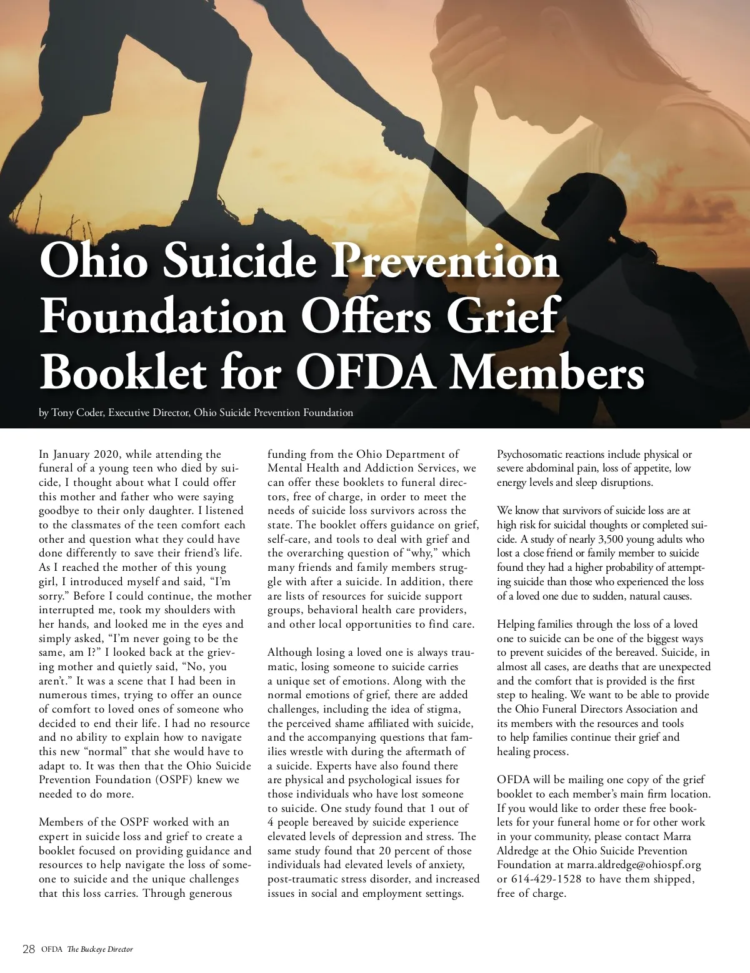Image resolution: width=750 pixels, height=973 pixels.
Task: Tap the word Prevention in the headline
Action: (x=444, y=260)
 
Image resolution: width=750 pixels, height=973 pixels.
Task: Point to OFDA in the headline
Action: (x=366, y=372)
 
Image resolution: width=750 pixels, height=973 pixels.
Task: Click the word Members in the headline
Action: (x=547, y=372)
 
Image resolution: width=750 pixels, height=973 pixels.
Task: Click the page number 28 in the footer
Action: (x=28, y=949)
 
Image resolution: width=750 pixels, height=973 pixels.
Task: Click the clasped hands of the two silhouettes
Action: (x=395, y=132)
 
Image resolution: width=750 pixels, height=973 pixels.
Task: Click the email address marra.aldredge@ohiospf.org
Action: (x=634, y=865)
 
